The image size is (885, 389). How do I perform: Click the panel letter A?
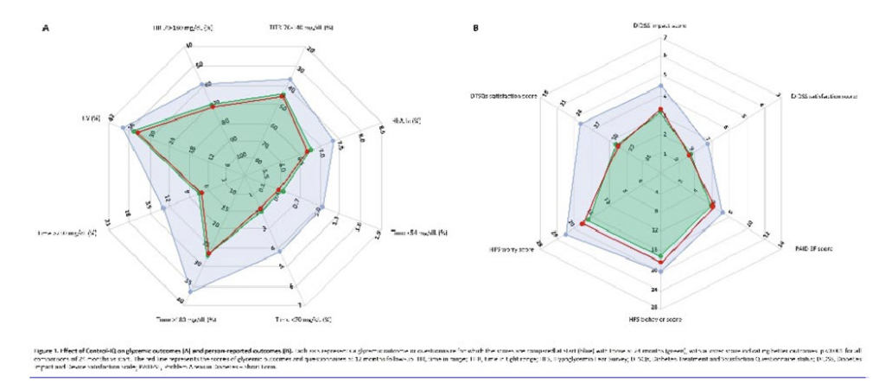point(45,29)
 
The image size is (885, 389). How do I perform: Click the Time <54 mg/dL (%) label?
point(420,233)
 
